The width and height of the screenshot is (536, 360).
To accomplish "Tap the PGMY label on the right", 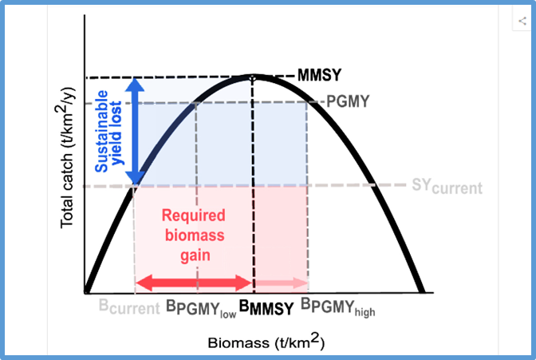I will point(346,101).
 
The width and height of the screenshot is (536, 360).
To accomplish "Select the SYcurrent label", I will point(447,188).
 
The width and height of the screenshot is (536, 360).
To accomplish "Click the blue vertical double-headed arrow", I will point(138,131).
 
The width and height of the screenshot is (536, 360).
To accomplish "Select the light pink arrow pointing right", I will point(282,283).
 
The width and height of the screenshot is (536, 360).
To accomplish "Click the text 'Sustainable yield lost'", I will point(108,131).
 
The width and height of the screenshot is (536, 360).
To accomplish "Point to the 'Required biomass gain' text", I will point(194,235).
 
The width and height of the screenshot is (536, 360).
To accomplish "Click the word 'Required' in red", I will point(194,216).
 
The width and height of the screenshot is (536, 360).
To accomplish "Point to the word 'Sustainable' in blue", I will point(100,131).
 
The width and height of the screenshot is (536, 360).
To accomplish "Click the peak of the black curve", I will point(254,74).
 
